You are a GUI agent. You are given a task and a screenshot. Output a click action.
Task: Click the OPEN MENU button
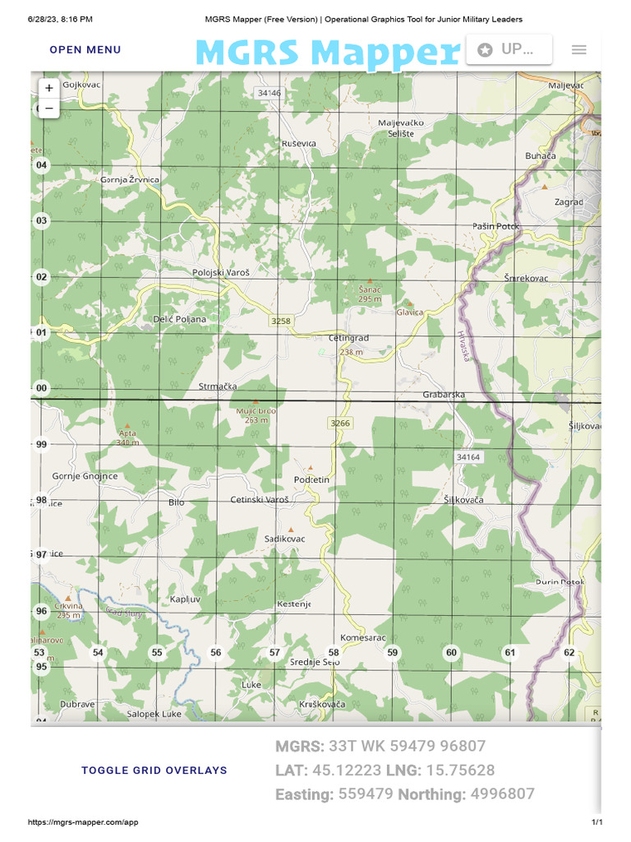click(x=85, y=49)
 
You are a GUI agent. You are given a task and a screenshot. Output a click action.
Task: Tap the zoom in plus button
click(x=49, y=87)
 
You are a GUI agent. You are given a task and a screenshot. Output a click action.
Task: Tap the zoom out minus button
click(x=49, y=108)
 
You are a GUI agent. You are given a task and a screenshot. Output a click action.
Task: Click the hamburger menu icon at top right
click(x=578, y=49)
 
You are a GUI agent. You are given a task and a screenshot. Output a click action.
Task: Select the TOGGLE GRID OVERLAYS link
click(x=154, y=770)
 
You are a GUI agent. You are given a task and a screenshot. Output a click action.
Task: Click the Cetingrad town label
click(x=348, y=338)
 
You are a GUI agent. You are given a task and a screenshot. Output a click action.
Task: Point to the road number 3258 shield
click(x=281, y=321)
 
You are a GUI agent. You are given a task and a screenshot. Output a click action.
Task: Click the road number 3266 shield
click(x=339, y=423)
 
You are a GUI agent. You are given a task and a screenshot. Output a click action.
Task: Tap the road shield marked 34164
click(x=467, y=456)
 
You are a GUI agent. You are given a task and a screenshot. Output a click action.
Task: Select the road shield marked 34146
click(x=269, y=93)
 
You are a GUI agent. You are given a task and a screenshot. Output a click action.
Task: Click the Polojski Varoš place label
click(x=220, y=272)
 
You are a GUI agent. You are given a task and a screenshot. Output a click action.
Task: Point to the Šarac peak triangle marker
click(x=370, y=280)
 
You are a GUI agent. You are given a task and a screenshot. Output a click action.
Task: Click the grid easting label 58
click(x=334, y=652)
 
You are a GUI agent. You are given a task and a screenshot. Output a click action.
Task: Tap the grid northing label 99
click(x=42, y=444)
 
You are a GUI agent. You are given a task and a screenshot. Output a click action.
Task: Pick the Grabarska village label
click(x=444, y=395)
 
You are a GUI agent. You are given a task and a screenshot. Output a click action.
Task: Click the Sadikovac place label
click(x=284, y=539)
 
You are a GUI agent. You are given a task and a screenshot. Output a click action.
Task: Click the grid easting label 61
click(x=510, y=652)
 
